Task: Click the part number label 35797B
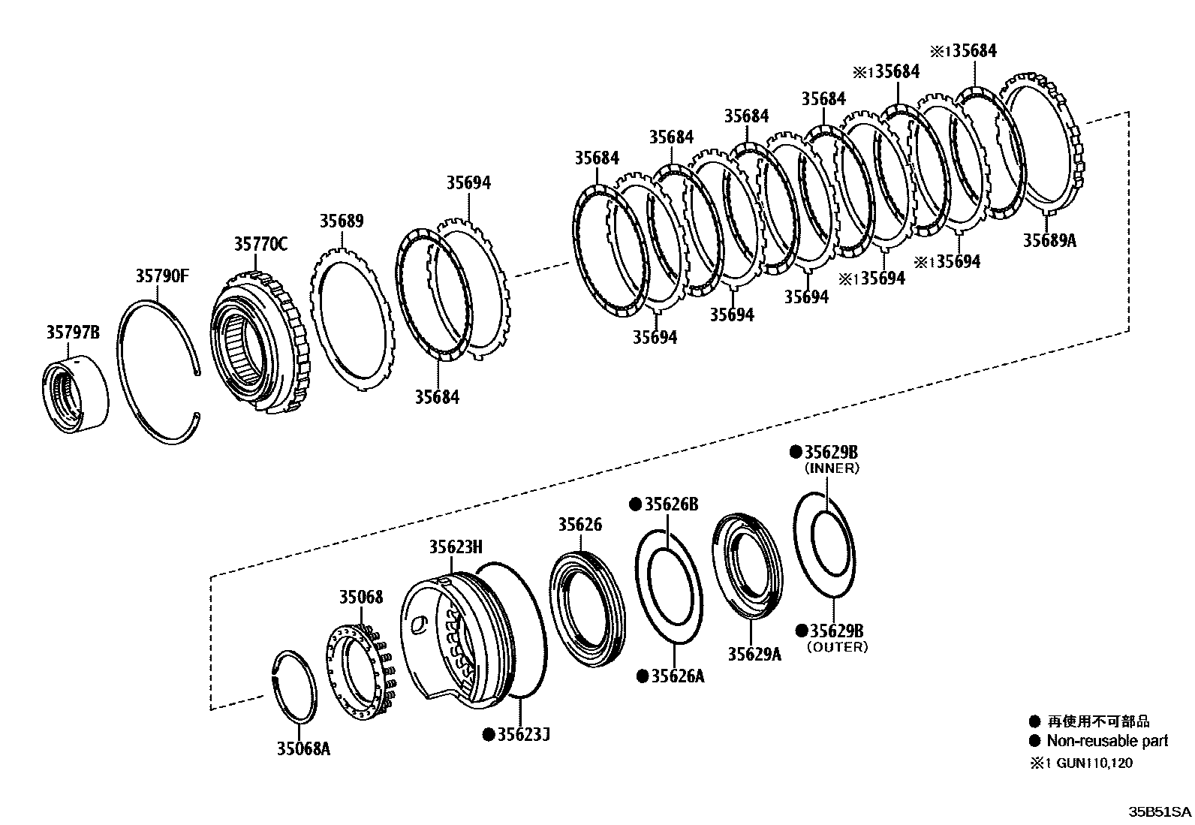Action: coord(73,332)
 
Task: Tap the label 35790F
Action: coord(162,276)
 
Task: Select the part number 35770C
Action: coord(260,244)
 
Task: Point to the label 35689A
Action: coord(1049,240)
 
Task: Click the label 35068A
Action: coord(303,748)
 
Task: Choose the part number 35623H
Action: coord(456,546)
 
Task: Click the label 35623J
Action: coord(523,734)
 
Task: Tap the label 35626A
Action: coord(677,676)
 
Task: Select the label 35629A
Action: coord(754,654)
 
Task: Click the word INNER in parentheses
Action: coord(832,468)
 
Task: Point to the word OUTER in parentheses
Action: coord(837,647)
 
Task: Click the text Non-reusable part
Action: coord(1107,741)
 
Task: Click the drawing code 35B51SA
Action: coord(1160,812)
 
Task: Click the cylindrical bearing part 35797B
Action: coord(74,397)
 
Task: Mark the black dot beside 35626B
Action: coord(634,504)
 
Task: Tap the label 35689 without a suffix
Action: coord(342,221)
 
